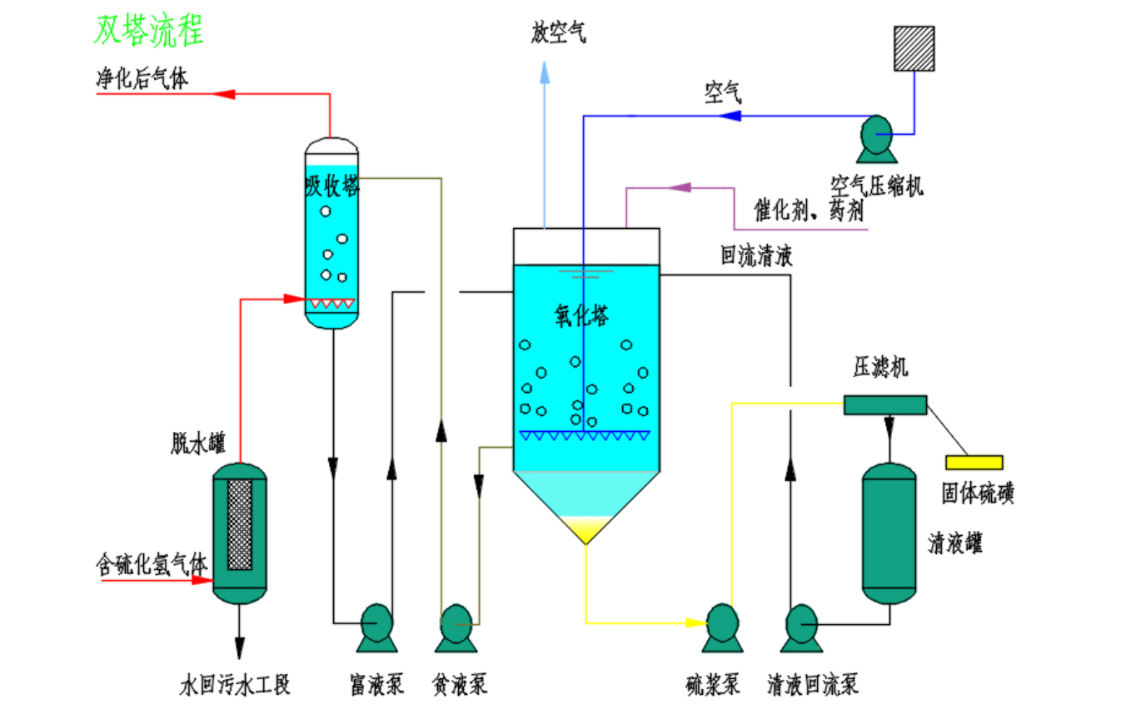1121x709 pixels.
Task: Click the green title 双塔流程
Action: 149,32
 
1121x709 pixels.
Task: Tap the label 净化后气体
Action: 142,79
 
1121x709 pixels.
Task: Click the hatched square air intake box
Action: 914,48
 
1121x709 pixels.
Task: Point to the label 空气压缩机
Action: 876,186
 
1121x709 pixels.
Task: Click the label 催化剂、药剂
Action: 809,211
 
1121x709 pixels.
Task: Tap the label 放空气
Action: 559,34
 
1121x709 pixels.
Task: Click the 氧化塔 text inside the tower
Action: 582,315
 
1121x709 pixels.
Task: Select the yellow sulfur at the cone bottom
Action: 585,528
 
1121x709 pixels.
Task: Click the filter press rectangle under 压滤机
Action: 884,404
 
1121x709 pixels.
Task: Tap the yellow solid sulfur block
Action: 974,462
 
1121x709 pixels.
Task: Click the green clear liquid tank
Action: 889,533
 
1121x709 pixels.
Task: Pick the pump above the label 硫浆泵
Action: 721,626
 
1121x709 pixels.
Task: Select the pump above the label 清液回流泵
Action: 802,626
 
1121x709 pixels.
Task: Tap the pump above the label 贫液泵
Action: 456,626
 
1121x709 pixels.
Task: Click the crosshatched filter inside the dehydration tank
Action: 240,524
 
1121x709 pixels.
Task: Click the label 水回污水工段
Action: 236,686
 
